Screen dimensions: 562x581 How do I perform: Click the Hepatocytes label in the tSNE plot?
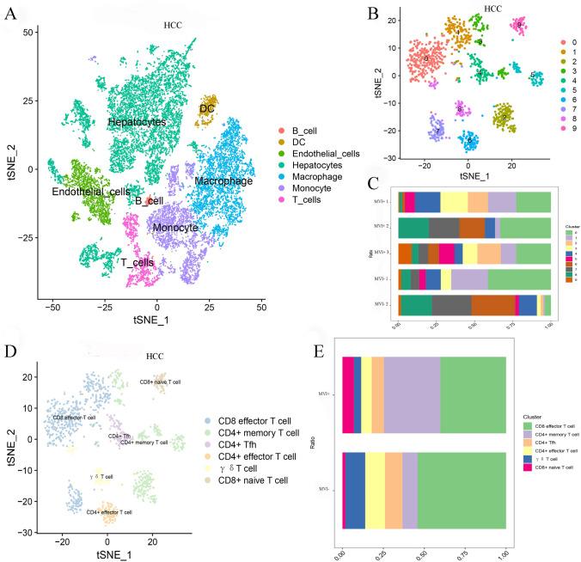pos(137,123)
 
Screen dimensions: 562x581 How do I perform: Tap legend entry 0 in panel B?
pos(563,41)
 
